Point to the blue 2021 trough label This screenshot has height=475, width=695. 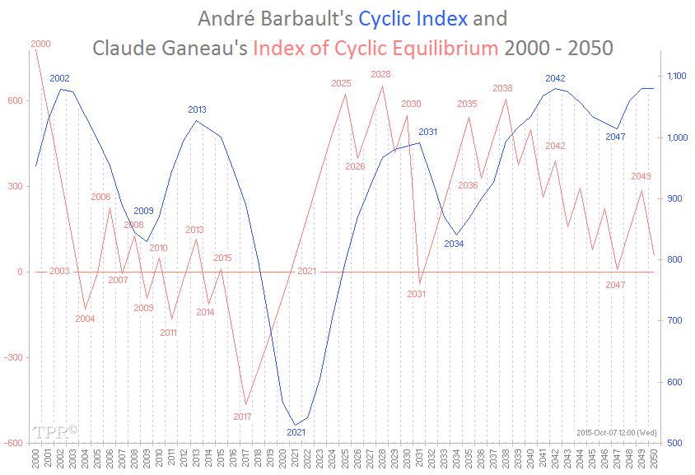coord(296,432)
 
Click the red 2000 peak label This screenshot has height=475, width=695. coord(40,44)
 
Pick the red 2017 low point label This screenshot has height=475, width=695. coord(242,417)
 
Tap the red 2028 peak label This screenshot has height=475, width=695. coord(381,74)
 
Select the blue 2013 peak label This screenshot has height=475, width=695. coord(197,109)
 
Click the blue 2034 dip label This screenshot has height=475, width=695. coord(454,244)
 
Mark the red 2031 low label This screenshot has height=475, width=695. coord(417,294)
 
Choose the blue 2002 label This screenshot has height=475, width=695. coord(59,78)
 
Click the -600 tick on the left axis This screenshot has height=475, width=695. coord(16,443)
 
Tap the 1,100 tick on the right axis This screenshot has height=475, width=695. coord(676,76)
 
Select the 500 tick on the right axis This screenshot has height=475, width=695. coord(672,443)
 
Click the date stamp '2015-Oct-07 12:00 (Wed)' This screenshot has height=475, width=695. coord(614,432)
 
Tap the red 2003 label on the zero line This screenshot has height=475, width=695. coord(59,271)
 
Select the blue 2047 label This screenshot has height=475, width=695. coord(615,137)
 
